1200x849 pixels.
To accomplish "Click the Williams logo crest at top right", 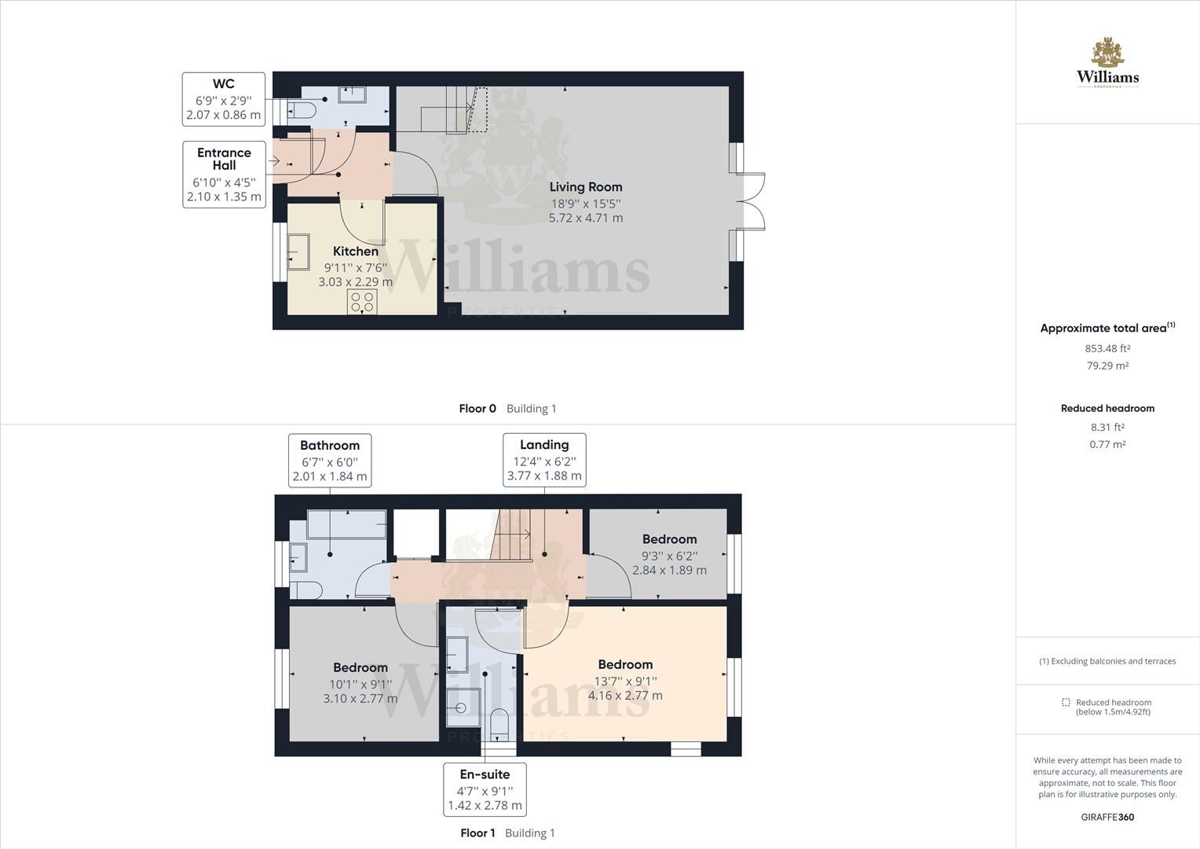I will pos(1107,53).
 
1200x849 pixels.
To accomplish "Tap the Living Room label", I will pos(586,187).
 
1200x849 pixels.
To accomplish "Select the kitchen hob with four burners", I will pos(363,302).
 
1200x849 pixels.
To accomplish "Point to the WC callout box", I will pos(223,99).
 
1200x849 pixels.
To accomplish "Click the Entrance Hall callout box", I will pos(224,174).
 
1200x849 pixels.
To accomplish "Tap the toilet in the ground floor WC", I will pos(302,108).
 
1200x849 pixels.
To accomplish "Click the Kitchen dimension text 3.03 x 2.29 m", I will pos(356,281).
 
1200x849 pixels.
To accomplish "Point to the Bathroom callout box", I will pos(330,461).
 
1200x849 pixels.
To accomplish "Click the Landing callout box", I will pos(544,460).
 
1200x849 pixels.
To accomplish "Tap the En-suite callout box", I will pos(485,789).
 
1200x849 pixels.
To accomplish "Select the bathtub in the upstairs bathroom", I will pos(346,524).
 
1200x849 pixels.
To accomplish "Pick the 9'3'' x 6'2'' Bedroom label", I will pos(669,539).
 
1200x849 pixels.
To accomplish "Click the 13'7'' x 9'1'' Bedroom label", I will pos(625,665).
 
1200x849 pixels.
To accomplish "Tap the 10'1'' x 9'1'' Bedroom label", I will pos(360,668).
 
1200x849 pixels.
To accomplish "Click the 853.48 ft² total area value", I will pos(1107,348).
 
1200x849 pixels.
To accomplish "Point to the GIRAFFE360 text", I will pos(1107,817).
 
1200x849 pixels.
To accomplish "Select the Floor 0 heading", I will pos(477,409).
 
